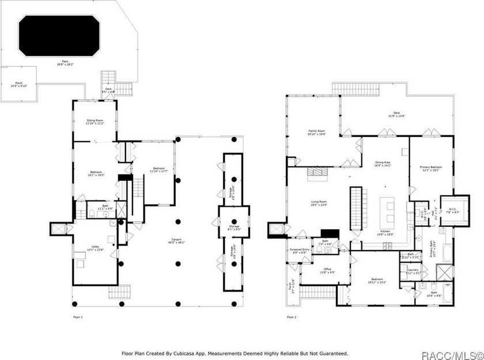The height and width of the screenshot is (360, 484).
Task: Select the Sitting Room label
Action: (94, 122)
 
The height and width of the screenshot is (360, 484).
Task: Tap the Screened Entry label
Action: (298, 250)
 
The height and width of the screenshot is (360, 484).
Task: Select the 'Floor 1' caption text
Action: (78, 317)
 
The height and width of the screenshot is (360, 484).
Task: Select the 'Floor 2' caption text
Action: (292, 317)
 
